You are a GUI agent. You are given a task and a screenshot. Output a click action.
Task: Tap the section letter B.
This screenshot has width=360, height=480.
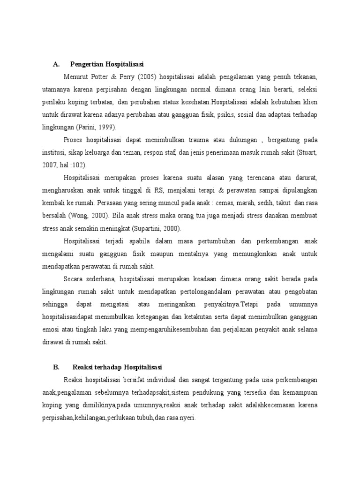(56, 367)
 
